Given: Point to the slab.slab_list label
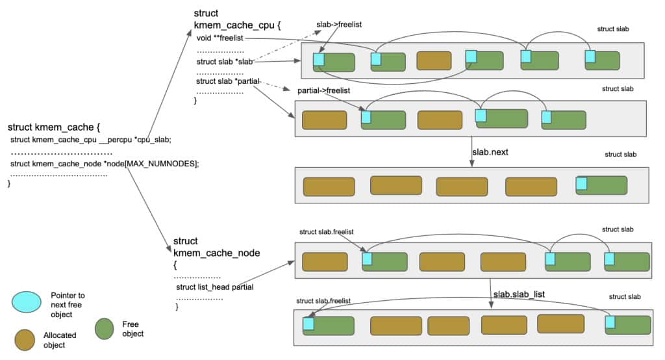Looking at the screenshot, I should click(x=518, y=294).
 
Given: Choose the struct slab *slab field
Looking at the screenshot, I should click(x=224, y=62).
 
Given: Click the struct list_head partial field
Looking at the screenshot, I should click(x=214, y=287).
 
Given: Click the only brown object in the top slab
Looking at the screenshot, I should click(x=434, y=60).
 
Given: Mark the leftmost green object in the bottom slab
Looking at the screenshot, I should click(x=329, y=325).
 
